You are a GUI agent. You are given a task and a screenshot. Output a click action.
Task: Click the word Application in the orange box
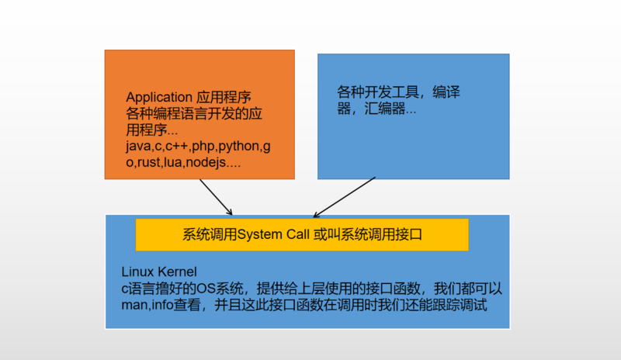(x=159, y=98)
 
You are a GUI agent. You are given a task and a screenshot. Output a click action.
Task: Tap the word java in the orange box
(x=139, y=147)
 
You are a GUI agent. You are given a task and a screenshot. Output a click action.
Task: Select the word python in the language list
(x=239, y=147)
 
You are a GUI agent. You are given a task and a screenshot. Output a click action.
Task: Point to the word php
(x=203, y=147)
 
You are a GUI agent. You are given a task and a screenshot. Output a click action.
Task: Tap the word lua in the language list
(x=173, y=162)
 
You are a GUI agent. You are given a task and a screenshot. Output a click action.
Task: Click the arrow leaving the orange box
(x=216, y=197)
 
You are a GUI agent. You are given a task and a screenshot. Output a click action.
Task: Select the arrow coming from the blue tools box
(x=344, y=197)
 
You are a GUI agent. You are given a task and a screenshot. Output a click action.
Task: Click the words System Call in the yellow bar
(x=273, y=234)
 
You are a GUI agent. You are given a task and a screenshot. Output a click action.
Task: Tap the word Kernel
(x=177, y=272)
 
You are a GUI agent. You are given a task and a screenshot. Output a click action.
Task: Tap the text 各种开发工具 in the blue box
(x=378, y=92)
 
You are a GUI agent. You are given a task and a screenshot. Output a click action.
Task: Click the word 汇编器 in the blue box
(x=384, y=109)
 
